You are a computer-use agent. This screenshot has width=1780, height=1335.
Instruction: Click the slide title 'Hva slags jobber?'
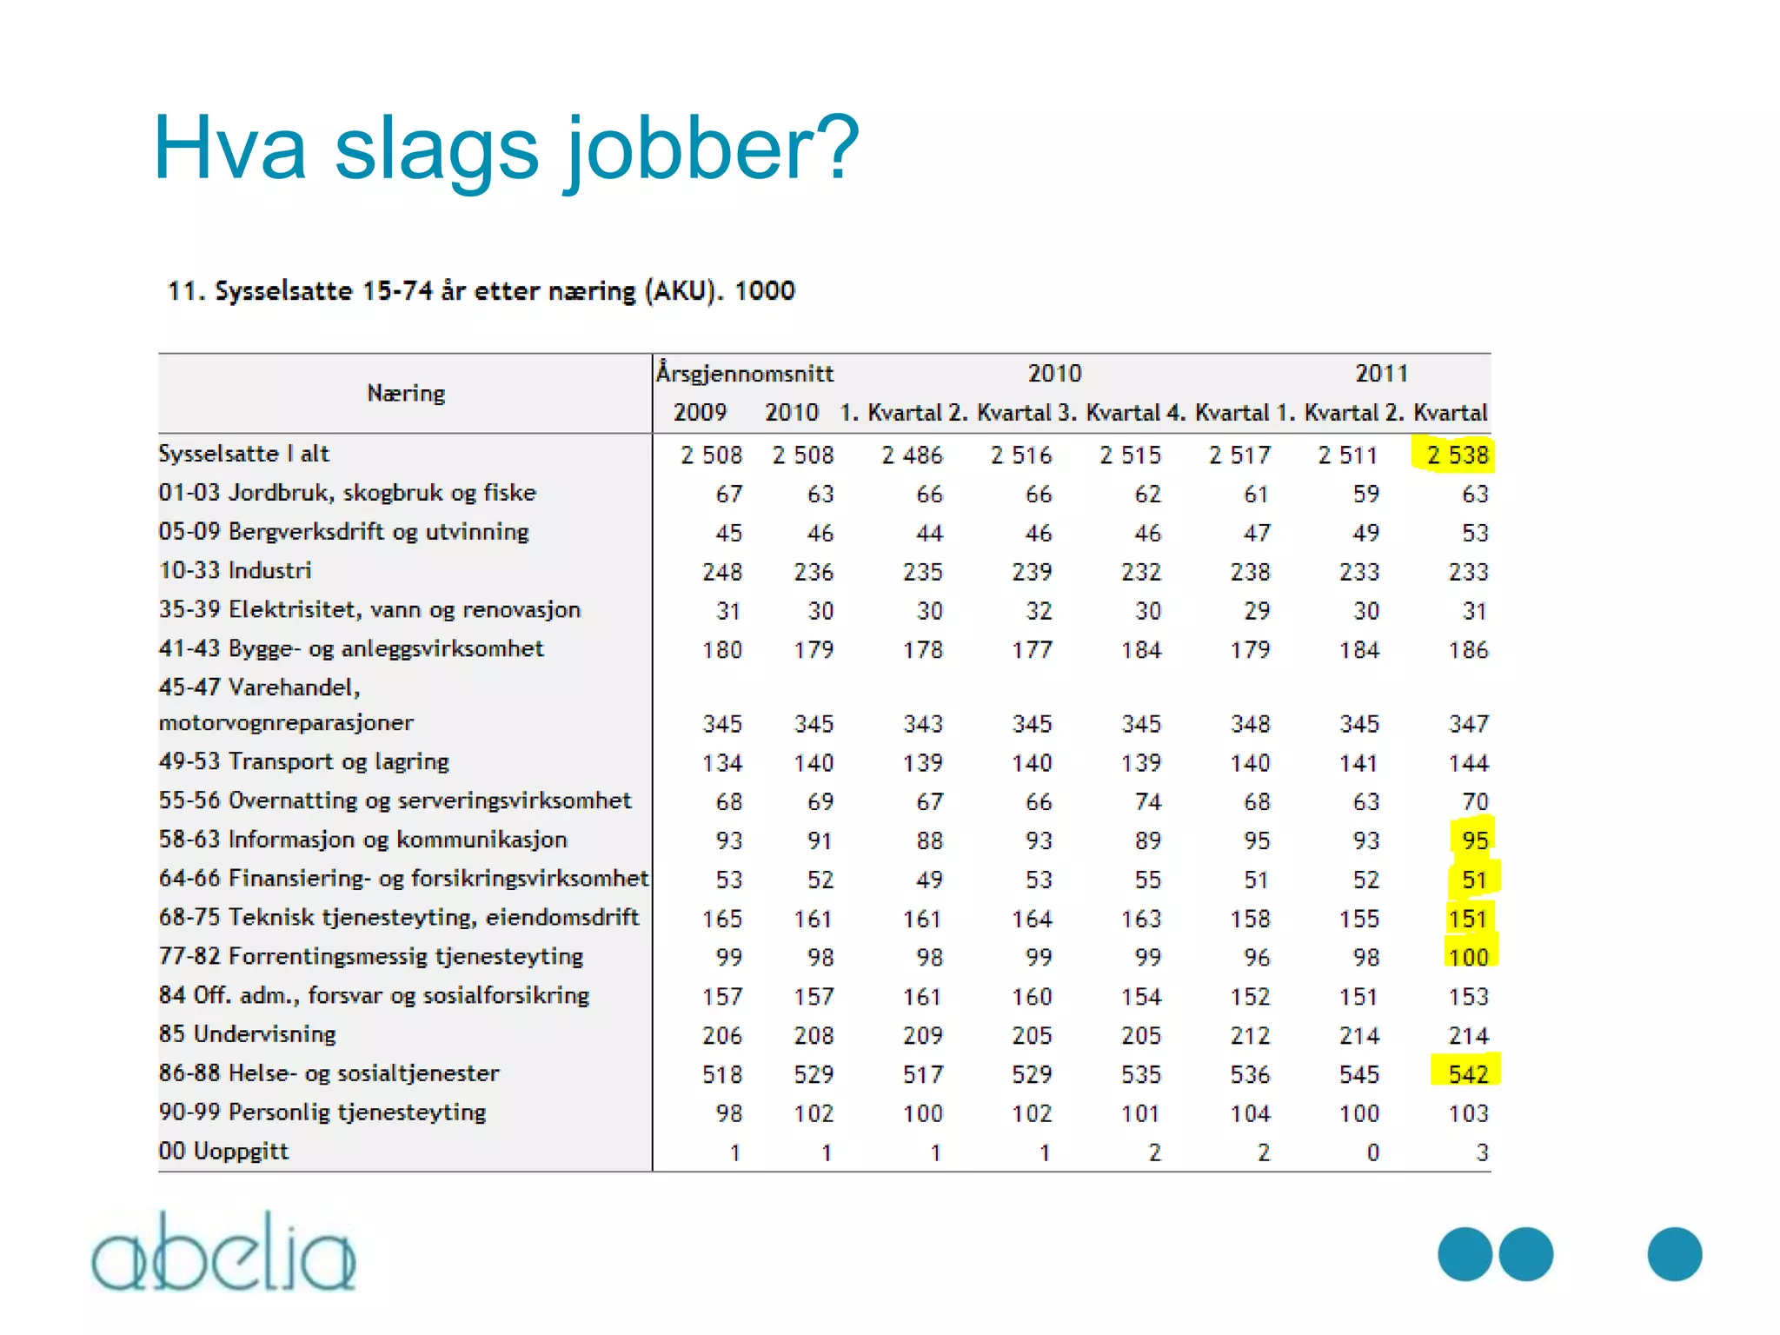tap(506, 149)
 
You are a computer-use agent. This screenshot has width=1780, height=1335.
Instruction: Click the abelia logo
tap(223, 1252)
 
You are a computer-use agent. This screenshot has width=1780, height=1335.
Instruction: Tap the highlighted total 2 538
tap(1457, 455)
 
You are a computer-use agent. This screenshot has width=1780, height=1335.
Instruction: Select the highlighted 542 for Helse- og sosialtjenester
tap(1468, 1074)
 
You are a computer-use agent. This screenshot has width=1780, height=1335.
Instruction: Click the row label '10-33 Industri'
tap(235, 571)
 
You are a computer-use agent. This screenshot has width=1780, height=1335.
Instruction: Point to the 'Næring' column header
tap(406, 394)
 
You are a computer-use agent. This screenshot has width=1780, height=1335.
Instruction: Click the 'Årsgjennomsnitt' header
tap(745, 374)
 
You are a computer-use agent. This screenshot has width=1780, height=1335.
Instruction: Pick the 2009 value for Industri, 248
tap(722, 572)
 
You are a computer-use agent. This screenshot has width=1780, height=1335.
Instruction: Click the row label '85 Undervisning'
tap(247, 1034)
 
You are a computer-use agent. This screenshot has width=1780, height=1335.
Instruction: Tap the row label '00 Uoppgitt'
tap(223, 1152)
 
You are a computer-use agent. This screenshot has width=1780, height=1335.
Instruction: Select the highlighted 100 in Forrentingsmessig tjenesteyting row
tap(1468, 957)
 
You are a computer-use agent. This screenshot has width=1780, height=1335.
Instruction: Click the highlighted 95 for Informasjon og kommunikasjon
tap(1474, 840)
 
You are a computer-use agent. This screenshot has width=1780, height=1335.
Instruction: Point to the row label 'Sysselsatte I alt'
tap(243, 454)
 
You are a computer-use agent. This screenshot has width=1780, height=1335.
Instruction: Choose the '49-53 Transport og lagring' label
tap(303, 762)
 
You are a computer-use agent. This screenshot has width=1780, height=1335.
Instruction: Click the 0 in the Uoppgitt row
tap(1372, 1152)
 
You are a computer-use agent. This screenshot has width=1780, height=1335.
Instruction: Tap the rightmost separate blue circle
tap(1674, 1254)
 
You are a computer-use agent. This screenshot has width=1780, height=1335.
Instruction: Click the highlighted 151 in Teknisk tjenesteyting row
tap(1468, 919)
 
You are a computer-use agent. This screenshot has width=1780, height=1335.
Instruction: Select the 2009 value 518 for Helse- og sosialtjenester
tap(722, 1074)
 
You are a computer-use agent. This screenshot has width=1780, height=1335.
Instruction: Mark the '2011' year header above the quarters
tap(1381, 374)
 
